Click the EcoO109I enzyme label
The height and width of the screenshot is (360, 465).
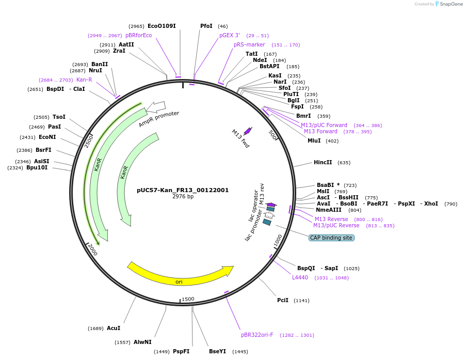[x=162, y=26]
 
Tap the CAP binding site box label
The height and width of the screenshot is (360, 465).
[x=331, y=238]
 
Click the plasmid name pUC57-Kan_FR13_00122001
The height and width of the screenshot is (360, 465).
[x=183, y=190]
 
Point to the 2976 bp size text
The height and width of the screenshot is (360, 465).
[x=183, y=197]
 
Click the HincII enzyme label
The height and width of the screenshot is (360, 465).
[x=323, y=162]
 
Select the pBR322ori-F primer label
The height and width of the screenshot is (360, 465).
[x=257, y=335]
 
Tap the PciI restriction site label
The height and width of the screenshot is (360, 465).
[x=283, y=300]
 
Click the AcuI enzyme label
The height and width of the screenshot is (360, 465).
[x=114, y=328]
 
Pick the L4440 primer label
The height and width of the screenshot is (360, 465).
[x=300, y=277]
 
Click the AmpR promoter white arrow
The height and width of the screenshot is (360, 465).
[x=156, y=107]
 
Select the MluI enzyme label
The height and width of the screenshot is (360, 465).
[x=314, y=140]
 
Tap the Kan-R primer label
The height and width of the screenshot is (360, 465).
[x=84, y=80]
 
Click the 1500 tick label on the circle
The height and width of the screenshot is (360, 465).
[x=188, y=299]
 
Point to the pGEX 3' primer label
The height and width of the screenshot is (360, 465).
[x=230, y=35]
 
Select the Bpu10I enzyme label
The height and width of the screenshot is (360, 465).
[x=37, y=167]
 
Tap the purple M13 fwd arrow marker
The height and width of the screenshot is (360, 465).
[x=248, y=131]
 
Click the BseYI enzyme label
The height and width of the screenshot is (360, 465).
[x=217, y=351]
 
